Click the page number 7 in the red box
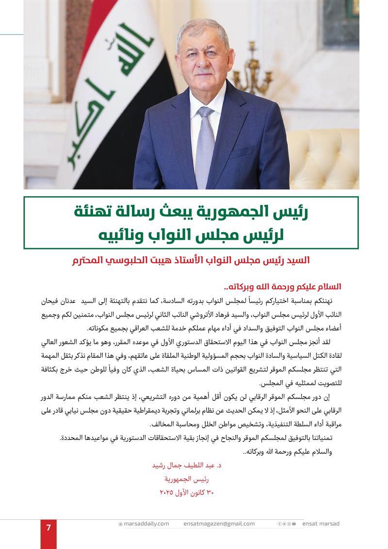48,528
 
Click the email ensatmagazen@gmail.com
219,524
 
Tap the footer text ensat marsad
321,524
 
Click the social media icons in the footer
287,524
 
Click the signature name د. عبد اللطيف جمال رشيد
187,466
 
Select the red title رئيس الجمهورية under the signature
187,479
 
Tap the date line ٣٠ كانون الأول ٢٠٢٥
187,493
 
